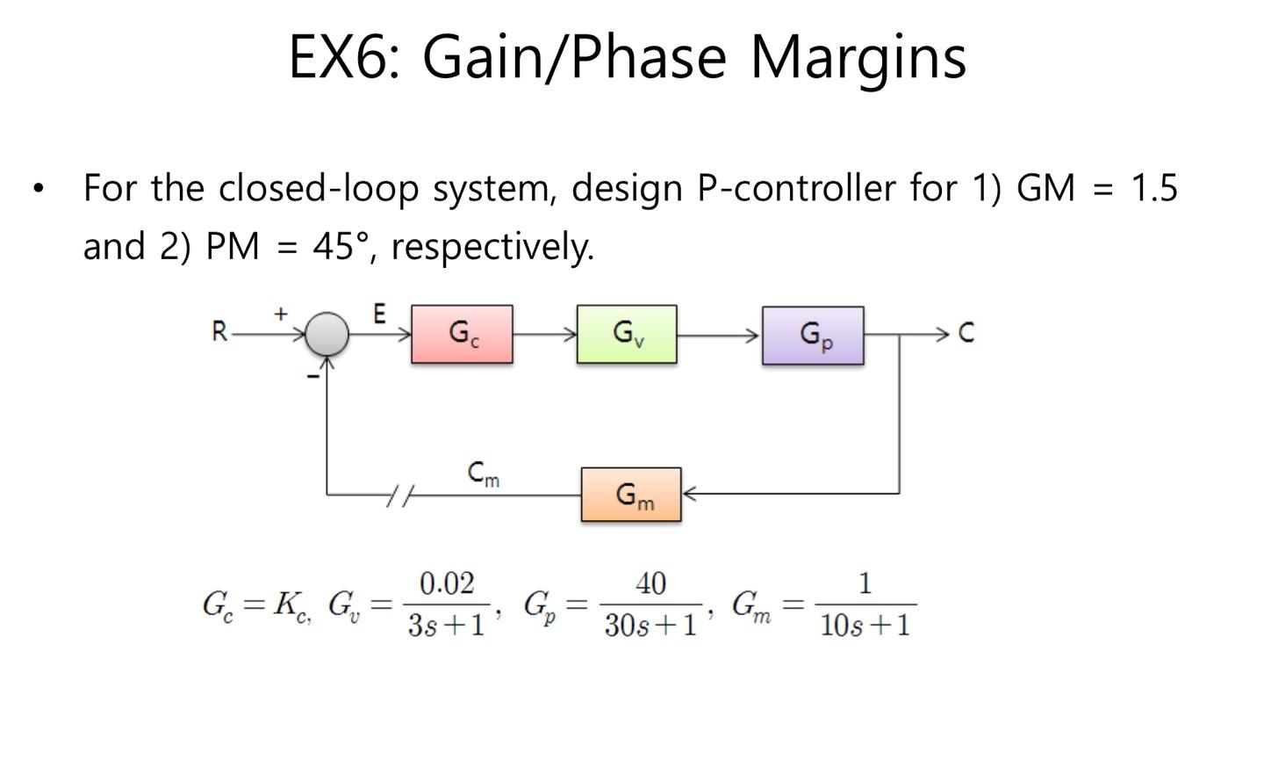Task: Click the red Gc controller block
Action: point(462,334)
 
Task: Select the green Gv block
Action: point(627,334)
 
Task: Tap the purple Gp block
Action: point(813,335)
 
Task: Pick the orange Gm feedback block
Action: point(631,495)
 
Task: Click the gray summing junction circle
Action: point(327,334)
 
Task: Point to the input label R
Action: point(219,332)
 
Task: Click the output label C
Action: point(966,332)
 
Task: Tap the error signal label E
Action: point(379,315)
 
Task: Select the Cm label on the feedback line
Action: point(484,474)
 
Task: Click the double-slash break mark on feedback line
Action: point(400,496)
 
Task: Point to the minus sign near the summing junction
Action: point(312,376)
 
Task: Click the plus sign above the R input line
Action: point(281,313)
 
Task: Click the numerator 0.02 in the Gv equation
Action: point(447,583)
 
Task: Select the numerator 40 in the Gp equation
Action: point(650,583)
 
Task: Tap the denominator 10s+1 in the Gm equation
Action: point(865,625)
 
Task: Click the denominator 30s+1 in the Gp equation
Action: point(650,625)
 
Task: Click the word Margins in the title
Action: point(858,56)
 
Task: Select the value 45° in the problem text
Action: point(340,246)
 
